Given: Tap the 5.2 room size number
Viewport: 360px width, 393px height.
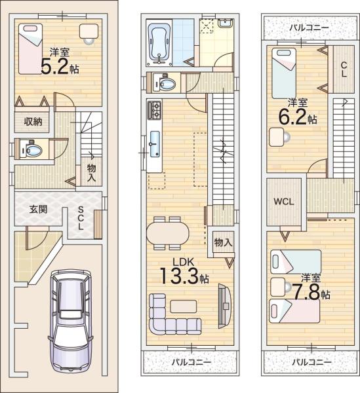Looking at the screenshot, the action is coord(54,67).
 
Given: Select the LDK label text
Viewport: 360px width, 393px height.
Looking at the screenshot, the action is coord(184,262).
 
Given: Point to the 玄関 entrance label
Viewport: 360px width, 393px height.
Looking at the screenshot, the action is coord(38,209).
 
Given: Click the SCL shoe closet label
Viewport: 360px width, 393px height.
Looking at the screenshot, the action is coord(81,218).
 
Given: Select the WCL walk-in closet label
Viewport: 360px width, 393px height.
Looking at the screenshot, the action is coord(283,202).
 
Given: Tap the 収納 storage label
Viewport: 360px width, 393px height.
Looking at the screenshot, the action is coord(33,122).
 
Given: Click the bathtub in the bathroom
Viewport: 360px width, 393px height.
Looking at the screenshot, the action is coord(159,44).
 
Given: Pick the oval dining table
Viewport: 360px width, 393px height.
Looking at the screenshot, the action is coord(168,233).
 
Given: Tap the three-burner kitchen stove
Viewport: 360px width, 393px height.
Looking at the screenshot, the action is coord(154,110).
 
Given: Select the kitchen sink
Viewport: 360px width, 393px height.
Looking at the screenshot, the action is coord(155,144).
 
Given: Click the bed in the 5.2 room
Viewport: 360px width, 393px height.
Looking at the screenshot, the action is coord(30,49).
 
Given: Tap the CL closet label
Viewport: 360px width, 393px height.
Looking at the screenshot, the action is coord(344,69).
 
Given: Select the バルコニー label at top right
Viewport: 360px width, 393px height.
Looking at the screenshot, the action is coord(309,28).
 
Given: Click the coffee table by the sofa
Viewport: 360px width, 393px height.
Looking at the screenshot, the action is coord(184,307).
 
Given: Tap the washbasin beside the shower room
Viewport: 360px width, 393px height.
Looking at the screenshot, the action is coord(226,24).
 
